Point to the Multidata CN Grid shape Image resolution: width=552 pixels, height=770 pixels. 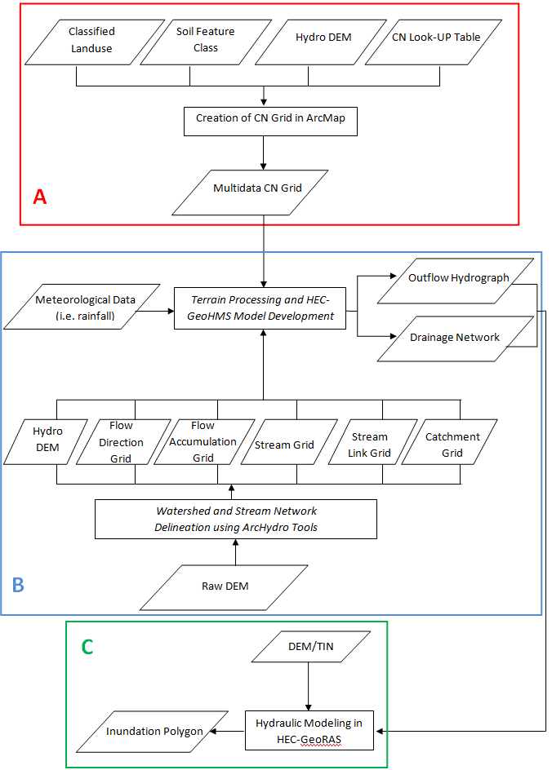click(x=257, y=188)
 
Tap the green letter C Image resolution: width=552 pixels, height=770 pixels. click(x=87, y=647)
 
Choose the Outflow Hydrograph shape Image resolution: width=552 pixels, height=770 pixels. click(x=457, y=277)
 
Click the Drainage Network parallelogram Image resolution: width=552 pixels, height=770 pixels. click(x=454, y=338)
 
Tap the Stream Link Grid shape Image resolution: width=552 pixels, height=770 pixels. click(x=370, y=445)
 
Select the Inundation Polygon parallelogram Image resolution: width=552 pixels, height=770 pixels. click(x=154, y=731)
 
